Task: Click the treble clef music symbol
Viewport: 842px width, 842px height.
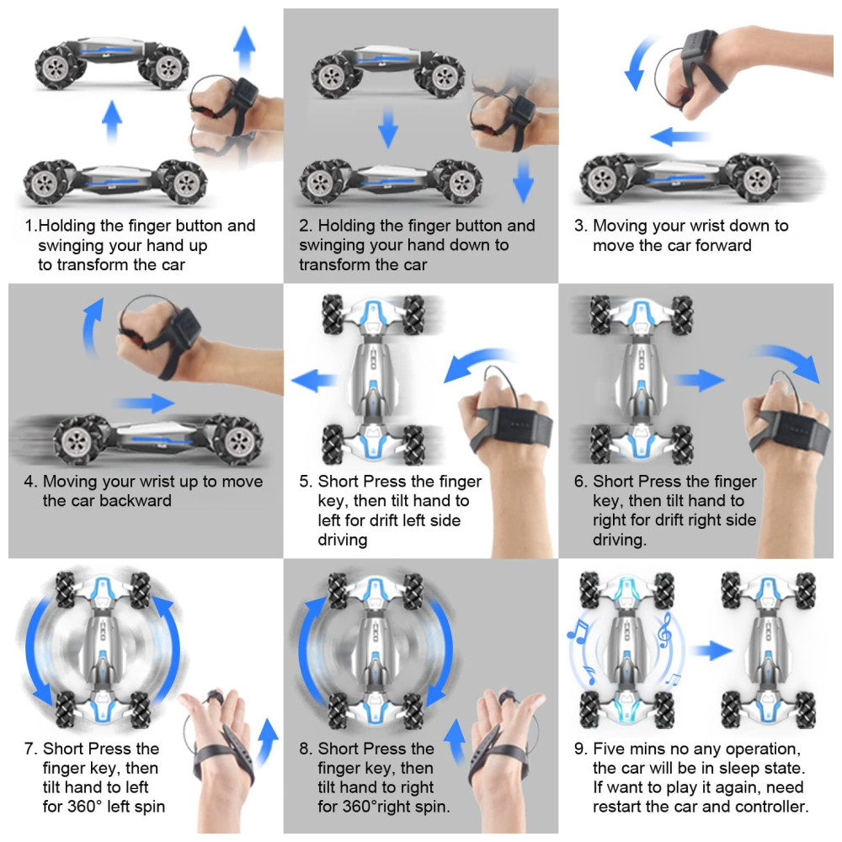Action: pyautogui.click(x=665, y=631)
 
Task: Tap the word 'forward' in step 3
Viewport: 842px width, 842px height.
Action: pyautogui.click(x=723, y=245)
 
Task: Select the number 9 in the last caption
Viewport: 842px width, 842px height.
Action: pyautogui.click(x=579, y=749)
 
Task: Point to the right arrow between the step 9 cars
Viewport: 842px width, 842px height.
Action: pyautogui.click(x=711, y=651)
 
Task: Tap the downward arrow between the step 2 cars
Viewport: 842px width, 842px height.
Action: pyautogui.click(x=387, y=127)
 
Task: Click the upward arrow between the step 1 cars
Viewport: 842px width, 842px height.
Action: pyautogui.click(x=112, y=120)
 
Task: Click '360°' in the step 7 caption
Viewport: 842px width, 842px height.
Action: pyautogui.click(x=85, y=807)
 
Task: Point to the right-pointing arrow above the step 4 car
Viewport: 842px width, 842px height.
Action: pyautogui.click(x=144, y=402)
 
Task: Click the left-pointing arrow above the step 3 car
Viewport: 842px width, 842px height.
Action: pyautogui.click(x=679, y=136)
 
